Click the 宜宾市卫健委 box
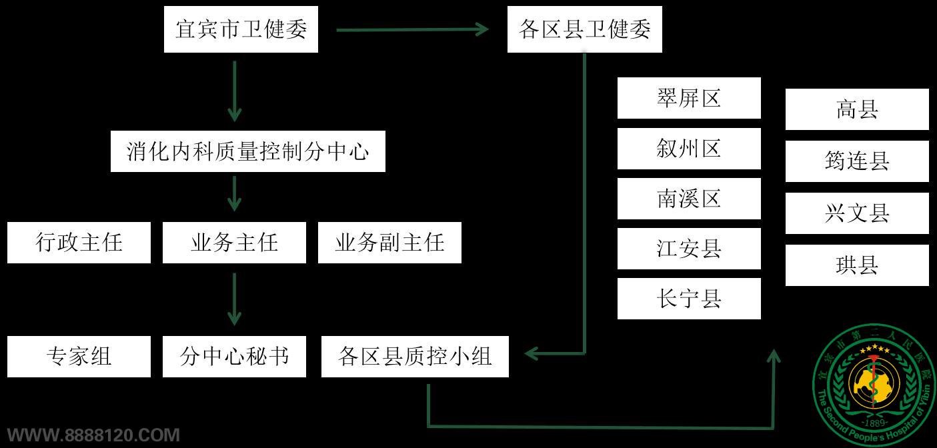point(241,29)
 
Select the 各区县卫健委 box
point(584,29)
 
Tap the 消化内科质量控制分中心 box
point(247,151)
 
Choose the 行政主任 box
point(79,242)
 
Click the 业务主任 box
point(234,242)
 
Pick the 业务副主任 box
point(389,242)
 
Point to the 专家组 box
point(79,357)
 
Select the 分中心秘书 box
point(234,357)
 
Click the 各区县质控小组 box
point(415,357)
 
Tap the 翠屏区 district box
point(689,98)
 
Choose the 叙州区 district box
point(689,148)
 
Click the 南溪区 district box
point(689,199)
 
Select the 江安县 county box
point(689,249)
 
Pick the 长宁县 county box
point(689,299)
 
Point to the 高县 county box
point(857,109)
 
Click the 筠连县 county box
point(857,161)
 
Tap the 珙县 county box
point(857,265)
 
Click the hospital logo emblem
point(874,384)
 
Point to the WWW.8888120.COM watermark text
point(93,436)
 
